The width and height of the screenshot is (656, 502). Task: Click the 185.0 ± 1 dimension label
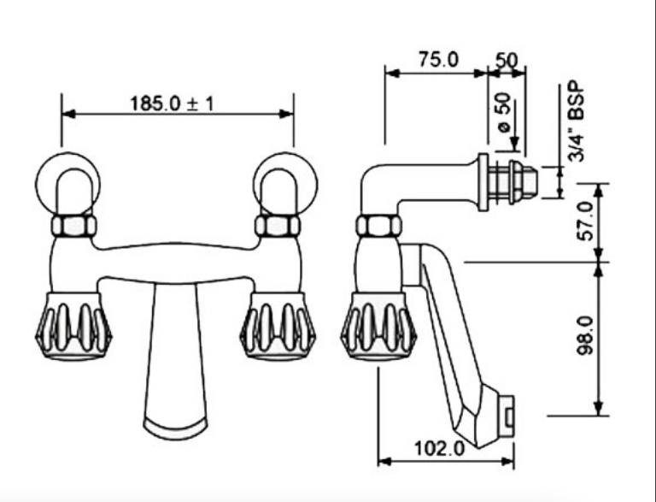point(172,103)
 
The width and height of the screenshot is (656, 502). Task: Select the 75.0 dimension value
point(438,60)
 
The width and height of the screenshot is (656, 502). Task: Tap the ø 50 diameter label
point(503,112)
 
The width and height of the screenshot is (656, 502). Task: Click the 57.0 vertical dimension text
point(586,221)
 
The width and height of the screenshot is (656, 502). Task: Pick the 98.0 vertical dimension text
point(586,335)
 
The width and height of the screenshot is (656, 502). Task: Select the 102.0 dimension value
point(440,449)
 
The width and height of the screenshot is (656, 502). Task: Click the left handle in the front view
point(73,326)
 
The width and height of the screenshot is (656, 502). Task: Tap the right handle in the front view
point(278,326)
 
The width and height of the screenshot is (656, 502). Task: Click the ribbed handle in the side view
point(378,326)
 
